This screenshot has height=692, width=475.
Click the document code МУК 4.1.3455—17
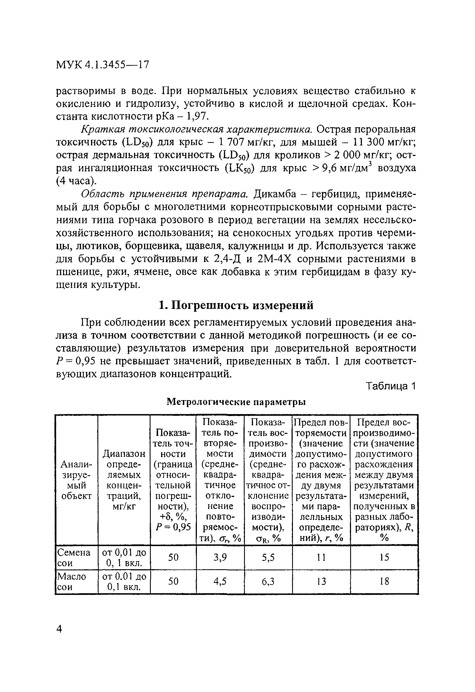(102, 65)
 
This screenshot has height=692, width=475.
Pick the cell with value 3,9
(220, 557)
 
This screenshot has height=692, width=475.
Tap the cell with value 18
(384, 581)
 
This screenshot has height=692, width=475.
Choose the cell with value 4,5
(220, 581)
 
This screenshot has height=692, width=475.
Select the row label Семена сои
(74, 558)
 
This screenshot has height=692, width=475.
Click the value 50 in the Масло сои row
(173, 581)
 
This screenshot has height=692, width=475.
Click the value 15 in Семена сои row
(384, 557)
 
